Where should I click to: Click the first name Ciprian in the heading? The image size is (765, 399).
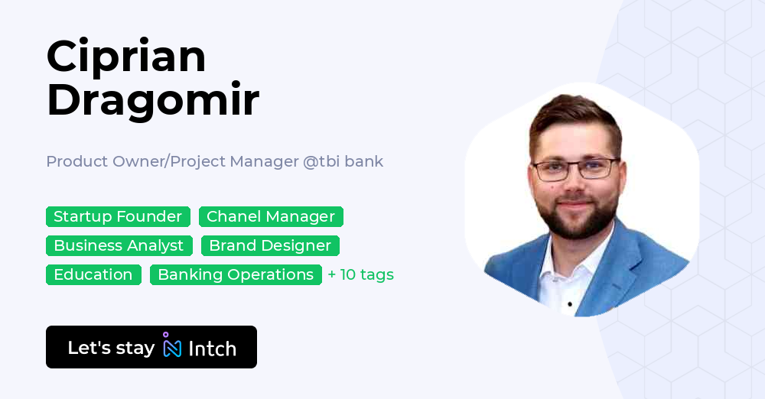[x=126, y=57]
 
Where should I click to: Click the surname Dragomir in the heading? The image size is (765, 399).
[x=153, y=99]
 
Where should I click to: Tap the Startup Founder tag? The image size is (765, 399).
[x=118, y=216]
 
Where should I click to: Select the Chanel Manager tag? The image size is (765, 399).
[x=271, y=216]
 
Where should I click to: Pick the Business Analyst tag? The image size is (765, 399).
[x=119, y=245]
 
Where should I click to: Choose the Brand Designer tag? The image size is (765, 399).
[x=270, y=245]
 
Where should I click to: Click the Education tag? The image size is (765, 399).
[x=93, y=274]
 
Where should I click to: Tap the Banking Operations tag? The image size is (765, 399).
[x=236, y=274]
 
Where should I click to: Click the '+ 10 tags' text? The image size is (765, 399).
[x=360, y=274]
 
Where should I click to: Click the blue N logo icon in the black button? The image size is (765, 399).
[x=171, y=346]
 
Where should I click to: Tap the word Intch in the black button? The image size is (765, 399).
[x=212, y=349]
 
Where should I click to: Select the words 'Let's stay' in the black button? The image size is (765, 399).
[x=111, y=348]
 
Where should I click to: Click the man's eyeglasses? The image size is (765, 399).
[x=576, y=169]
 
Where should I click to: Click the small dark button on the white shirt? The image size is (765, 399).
[x=570, y=304]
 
